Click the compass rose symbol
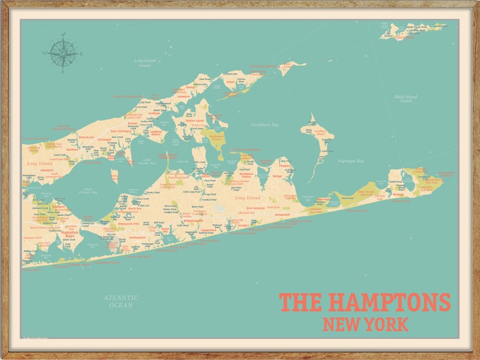coord(62,53)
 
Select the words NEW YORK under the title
coord(365,324)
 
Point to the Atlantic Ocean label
coord(121,301)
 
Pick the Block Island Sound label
coord(405,99)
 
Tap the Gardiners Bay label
coord(265,125)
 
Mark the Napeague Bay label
coord(351,161)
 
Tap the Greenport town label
coord(184,96)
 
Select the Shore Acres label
coord(86,137)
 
